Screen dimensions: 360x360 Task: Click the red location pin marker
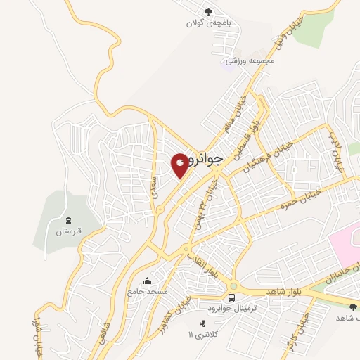(180, 165)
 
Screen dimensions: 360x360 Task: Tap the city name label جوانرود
(206, 160)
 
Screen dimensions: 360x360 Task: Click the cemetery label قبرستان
(69, 230)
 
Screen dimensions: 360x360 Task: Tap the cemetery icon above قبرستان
(68, 220)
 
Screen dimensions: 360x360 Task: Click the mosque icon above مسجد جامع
(146, 281)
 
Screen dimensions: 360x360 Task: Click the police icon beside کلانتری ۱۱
(203, 323)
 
